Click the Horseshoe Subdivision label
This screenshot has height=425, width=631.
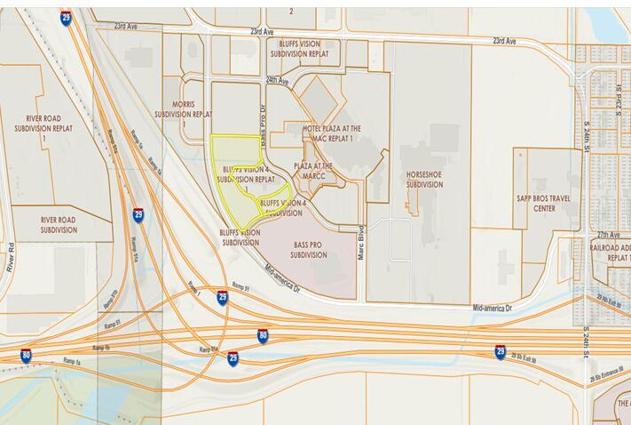423,179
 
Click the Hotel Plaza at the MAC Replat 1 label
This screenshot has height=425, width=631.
332,133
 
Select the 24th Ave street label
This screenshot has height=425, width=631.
277,80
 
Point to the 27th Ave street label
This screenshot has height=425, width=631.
608,233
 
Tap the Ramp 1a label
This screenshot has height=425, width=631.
73,359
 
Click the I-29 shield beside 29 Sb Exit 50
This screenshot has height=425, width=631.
501,352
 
